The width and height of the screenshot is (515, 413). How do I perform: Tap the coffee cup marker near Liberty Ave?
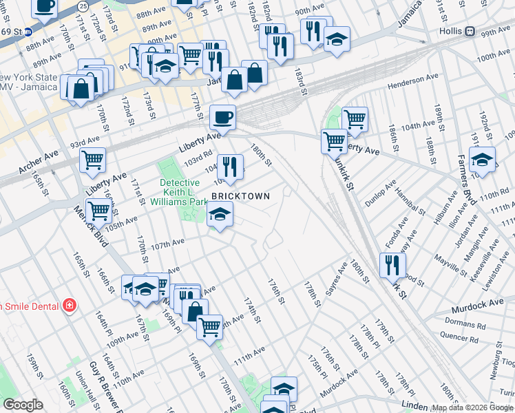coord(222,117)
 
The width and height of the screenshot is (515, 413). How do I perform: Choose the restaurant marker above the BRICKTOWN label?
coord(230,167)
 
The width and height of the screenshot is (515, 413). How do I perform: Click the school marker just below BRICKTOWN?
coord(220,215)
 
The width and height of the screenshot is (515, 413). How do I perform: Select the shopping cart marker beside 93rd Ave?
coord(92,160)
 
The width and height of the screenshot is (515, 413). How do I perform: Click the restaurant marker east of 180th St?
coord(392,264)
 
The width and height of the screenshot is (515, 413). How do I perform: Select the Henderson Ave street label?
coord(413,81)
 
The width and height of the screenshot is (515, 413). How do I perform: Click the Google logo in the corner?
coord(23,405)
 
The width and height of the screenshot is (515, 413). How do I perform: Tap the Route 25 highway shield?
coord(83,6)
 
